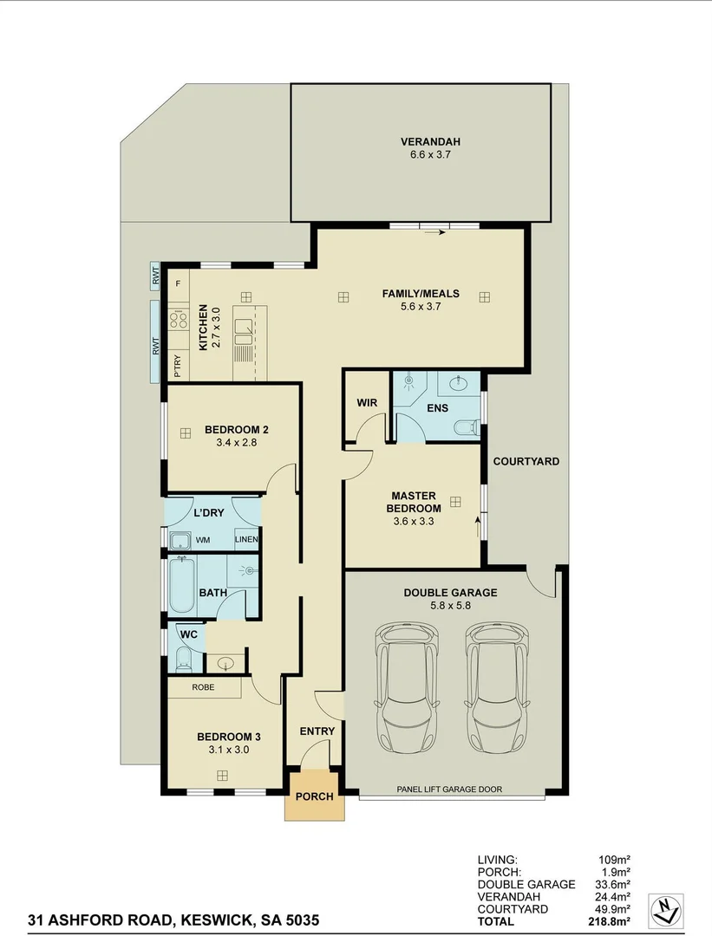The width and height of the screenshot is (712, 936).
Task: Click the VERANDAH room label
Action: coord(429,142)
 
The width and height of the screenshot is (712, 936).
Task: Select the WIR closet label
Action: coord(366,403)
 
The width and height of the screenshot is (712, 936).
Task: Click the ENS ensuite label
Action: coord(438,407)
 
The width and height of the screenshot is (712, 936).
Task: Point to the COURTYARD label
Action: coord(526,461)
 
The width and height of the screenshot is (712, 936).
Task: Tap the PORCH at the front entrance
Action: coord(314,796)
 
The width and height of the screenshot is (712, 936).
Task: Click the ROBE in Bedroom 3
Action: coord(204,687)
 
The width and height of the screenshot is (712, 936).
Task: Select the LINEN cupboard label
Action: coord(246,540)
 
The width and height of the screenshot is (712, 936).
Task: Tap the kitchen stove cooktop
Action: coord(179,320)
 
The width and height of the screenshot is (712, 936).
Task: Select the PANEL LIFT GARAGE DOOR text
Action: coord(448,789)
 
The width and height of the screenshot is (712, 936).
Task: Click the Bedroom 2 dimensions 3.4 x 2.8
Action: coord(237,442)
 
